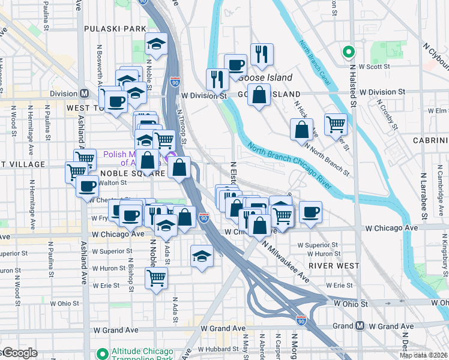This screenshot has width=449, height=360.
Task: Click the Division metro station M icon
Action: (x=84, y=94)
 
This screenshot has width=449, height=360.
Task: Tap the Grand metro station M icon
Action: (x=360, y=326)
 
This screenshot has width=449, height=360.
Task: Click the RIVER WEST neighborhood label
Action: (x=334, y=265)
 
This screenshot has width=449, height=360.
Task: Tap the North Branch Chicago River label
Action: (x=288, y=168)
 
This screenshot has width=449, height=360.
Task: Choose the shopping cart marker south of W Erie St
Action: (x=156, y=278)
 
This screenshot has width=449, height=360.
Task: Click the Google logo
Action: (x=19, y=353)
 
